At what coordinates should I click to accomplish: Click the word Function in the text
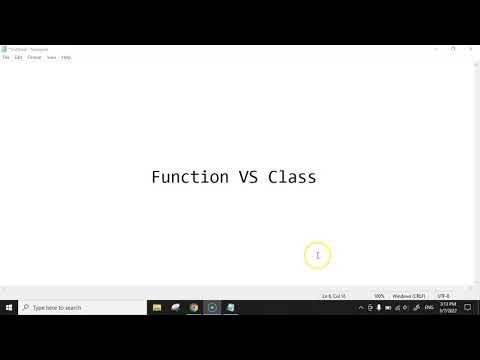(190, 177)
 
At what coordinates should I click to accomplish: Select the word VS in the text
(248, 177)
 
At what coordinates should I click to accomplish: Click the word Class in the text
(292, 177)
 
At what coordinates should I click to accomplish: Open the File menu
(6, 57)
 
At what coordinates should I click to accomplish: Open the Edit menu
(18, 57)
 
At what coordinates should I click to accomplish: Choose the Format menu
(34, 57)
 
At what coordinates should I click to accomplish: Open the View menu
(51, 57)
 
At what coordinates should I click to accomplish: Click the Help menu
(66, 57)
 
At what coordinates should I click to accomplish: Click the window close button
(471, 48)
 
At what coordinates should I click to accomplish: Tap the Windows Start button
(9, 308)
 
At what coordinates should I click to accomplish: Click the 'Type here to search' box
(80, 308)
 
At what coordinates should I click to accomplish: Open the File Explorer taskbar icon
(157, 308)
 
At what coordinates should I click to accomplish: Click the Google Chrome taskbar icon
(194, 308)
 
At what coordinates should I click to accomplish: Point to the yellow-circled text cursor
(317, 256)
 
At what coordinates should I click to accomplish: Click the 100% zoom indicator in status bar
(380, 296)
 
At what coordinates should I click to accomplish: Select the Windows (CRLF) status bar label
(409, 296)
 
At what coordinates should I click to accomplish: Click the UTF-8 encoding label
(443, 296)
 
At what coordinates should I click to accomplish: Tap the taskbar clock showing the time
(449, 308)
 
